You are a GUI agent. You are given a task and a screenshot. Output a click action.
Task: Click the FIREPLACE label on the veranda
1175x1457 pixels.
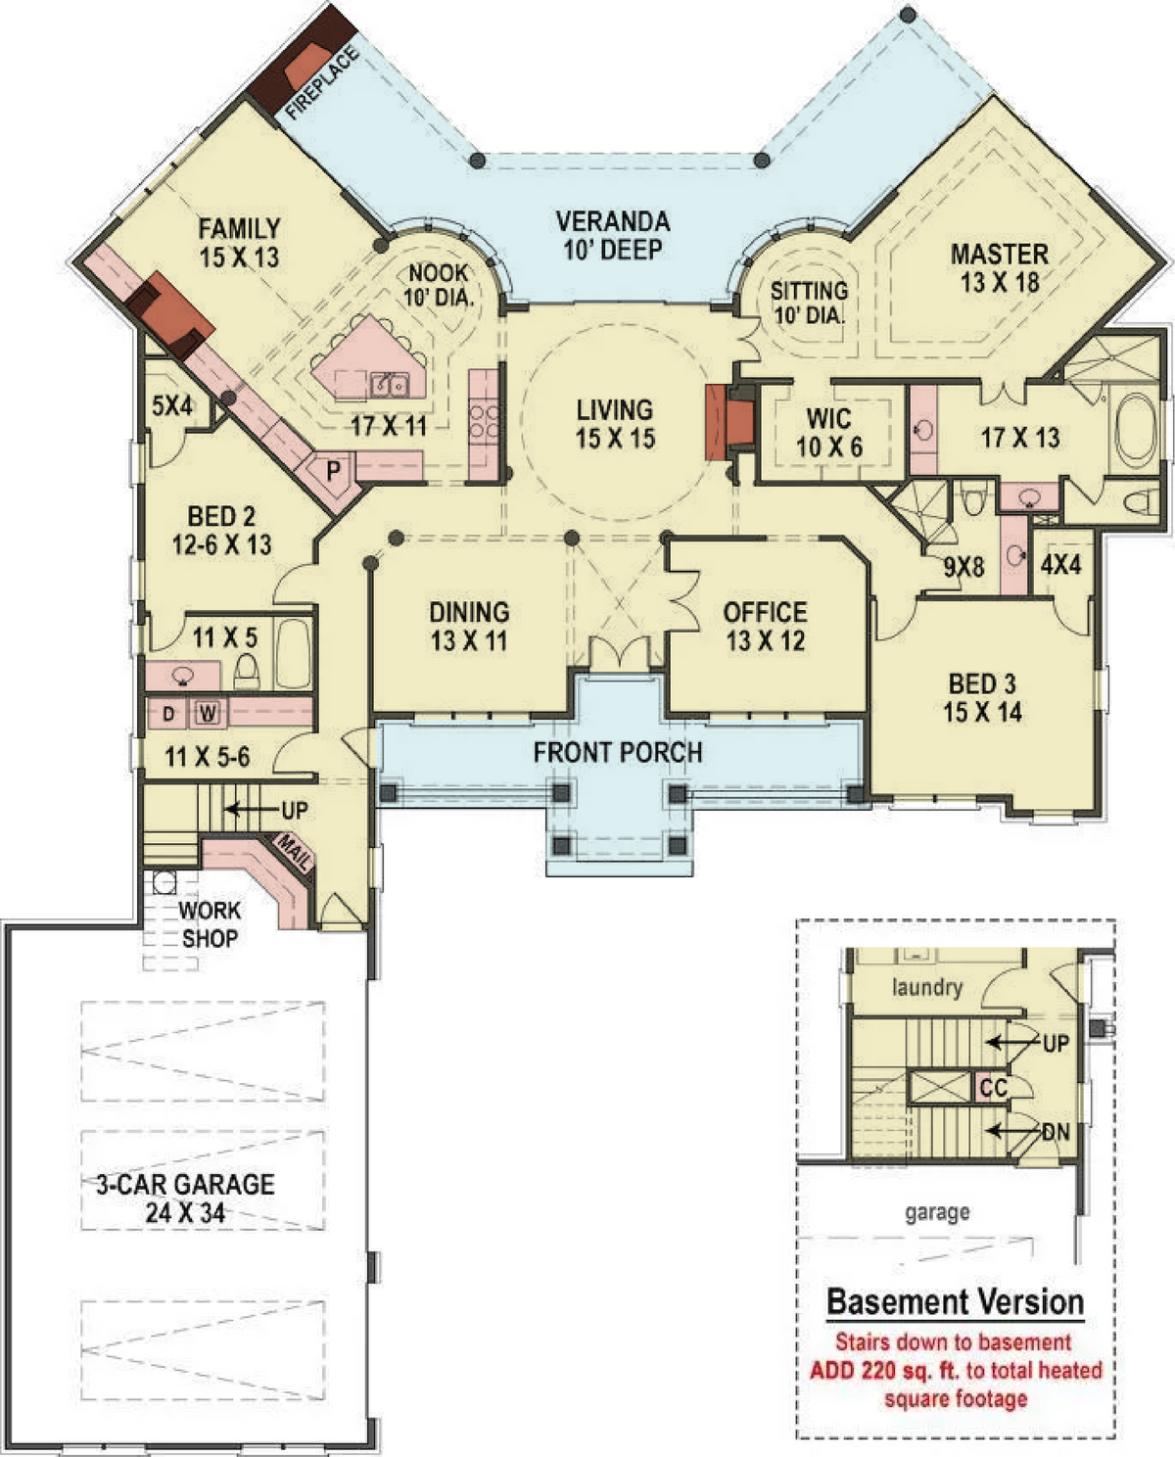click(322, 83)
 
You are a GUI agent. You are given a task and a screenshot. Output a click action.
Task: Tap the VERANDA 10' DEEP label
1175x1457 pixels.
click(613, 236)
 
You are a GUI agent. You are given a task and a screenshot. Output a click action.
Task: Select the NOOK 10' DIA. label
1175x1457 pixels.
click(438, 285)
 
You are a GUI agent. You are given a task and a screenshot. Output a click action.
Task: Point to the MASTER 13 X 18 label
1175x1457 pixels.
click(1000, 268)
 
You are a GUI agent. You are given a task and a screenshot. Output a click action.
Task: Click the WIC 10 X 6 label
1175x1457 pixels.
click(829, 433)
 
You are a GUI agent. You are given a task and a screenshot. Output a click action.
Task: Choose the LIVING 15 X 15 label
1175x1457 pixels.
click(615, 425)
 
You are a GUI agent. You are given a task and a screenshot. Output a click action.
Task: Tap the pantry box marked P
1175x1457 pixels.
click(333, 471)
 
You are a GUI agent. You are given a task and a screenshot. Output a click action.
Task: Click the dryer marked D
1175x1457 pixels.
click(168, 714)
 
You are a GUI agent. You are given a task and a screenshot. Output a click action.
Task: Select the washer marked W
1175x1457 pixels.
click(208, 714)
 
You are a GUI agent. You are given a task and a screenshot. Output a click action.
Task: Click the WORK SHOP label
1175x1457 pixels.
click(210, 924)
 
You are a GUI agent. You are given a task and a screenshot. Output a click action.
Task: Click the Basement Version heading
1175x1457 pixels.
click(956, 1302)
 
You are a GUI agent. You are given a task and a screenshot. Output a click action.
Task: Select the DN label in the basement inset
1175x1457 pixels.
click(1056, 1131)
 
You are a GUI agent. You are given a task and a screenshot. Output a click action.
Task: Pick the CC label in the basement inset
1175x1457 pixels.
click(994, 1087)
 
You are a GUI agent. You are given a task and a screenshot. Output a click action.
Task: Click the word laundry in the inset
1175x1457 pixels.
click(927, 987)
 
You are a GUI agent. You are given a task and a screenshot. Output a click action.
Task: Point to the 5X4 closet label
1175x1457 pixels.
click(172, 405)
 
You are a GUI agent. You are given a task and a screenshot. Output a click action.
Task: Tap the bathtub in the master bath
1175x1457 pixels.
click(1136, 431)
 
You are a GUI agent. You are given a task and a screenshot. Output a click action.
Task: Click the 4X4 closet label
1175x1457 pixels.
click(1061, 564)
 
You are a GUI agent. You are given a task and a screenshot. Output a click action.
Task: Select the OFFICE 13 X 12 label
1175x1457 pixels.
click(766, 627)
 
